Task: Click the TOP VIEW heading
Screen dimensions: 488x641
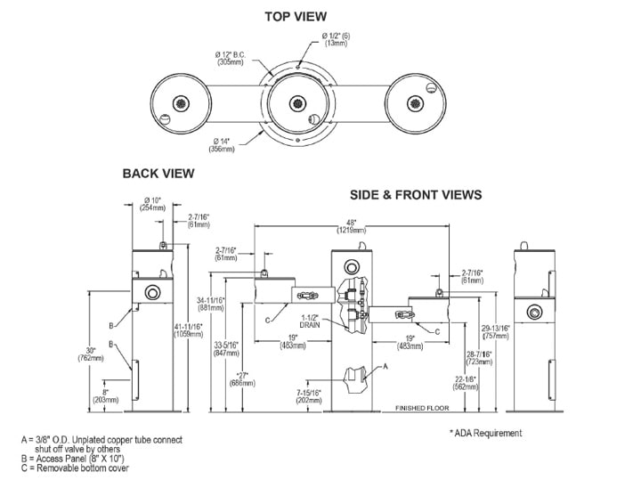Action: [296, 16]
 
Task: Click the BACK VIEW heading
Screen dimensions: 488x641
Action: [158, 174]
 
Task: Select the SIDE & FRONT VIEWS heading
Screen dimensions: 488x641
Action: [417, 194]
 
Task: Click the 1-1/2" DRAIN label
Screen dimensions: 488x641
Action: [309, 320]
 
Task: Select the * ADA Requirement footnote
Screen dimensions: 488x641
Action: [486, 433]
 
